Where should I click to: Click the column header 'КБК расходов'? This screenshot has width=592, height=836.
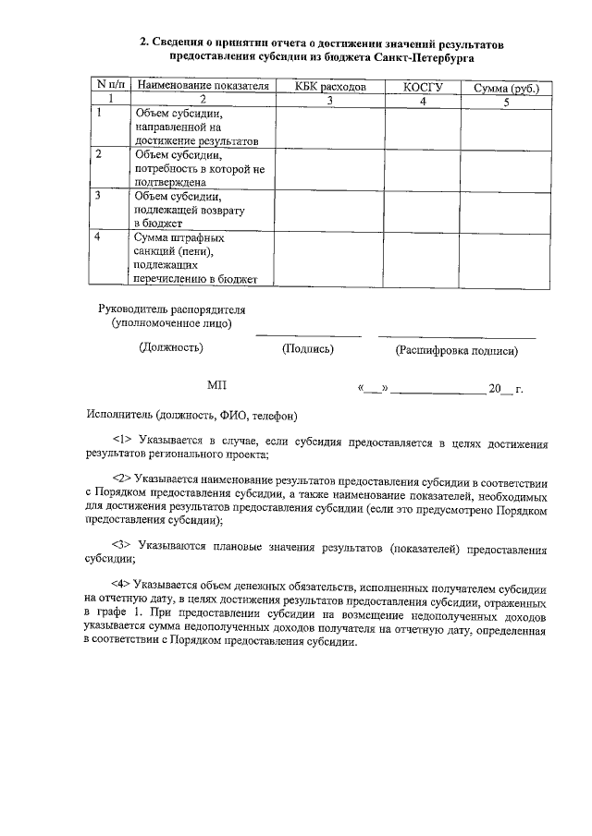[x=330, y=87]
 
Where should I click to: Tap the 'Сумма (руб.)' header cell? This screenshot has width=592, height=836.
[x=505, y=88]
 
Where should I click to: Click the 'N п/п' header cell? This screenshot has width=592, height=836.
[x=110, y=86]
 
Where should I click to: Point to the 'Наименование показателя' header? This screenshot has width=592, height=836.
[x=203, y=86]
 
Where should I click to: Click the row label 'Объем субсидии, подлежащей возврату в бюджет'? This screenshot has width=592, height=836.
[x=181, y=210]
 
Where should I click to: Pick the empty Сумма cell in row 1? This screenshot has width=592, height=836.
[x=505, y=127]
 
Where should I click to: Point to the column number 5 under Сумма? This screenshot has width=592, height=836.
[x=505, y=102]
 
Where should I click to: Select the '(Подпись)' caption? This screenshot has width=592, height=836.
[x=307, y=349]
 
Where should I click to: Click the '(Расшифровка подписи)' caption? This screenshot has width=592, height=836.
[x=456, y=350]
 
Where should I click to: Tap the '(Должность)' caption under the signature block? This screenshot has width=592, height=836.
[x=171, y=348]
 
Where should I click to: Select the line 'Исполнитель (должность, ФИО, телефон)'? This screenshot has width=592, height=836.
[x=191, y=416]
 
